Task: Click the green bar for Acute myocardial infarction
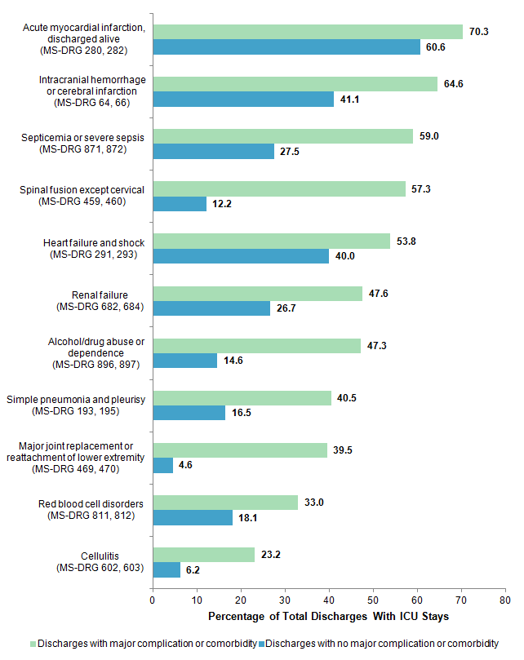(308, 31)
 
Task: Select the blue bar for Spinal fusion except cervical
(180, 203)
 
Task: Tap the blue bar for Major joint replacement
(162, 465)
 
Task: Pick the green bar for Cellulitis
(203, 554)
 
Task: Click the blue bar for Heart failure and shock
(241, 255)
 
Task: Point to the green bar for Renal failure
(257, 293)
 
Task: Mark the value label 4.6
(184, 465)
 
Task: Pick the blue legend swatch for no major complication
(261, 643)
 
